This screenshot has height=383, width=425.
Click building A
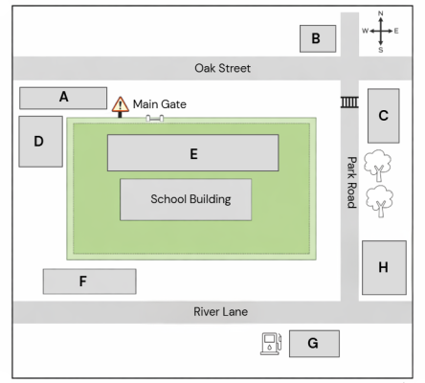63,98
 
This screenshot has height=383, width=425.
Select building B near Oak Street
318,38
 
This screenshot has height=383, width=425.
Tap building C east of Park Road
384,116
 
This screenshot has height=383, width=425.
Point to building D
40,142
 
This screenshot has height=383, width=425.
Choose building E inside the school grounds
193,153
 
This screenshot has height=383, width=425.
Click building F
90,282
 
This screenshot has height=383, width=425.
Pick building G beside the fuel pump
314,344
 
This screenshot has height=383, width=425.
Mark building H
384,267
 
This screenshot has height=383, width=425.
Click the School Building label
190,199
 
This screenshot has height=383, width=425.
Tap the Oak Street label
223,68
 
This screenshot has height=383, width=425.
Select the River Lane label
221,311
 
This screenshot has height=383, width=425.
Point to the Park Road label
351,182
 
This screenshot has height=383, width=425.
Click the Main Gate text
160,104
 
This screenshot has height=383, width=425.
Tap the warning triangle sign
121,104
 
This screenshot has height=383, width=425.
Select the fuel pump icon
271,344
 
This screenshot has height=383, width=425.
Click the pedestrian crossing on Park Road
349,102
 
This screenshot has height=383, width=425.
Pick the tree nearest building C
378,166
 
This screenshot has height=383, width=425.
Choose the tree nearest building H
379,201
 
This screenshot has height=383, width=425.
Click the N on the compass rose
381,13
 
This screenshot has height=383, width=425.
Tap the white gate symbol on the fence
155,119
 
